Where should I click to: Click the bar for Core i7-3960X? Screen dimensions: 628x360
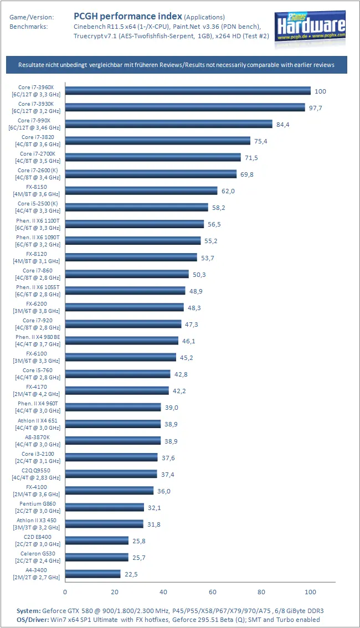tap(188, 91)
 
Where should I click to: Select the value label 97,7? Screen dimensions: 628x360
tap(316, 108)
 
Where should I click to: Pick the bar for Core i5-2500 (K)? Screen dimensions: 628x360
tap(136, 207)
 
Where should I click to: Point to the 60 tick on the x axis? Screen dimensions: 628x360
tap(212, 592)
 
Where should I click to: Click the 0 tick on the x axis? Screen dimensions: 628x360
tap(65, 592)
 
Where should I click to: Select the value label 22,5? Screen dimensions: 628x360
tap(131, 574)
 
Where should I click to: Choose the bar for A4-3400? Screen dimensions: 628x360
tap(92, 574)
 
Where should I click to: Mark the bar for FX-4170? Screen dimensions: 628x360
tap(117, 390)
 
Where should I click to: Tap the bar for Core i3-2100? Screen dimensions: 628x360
tap(111, 457)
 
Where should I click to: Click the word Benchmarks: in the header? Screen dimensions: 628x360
tap(29, 26)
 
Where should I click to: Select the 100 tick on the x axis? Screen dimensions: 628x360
tap(310, 592)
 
